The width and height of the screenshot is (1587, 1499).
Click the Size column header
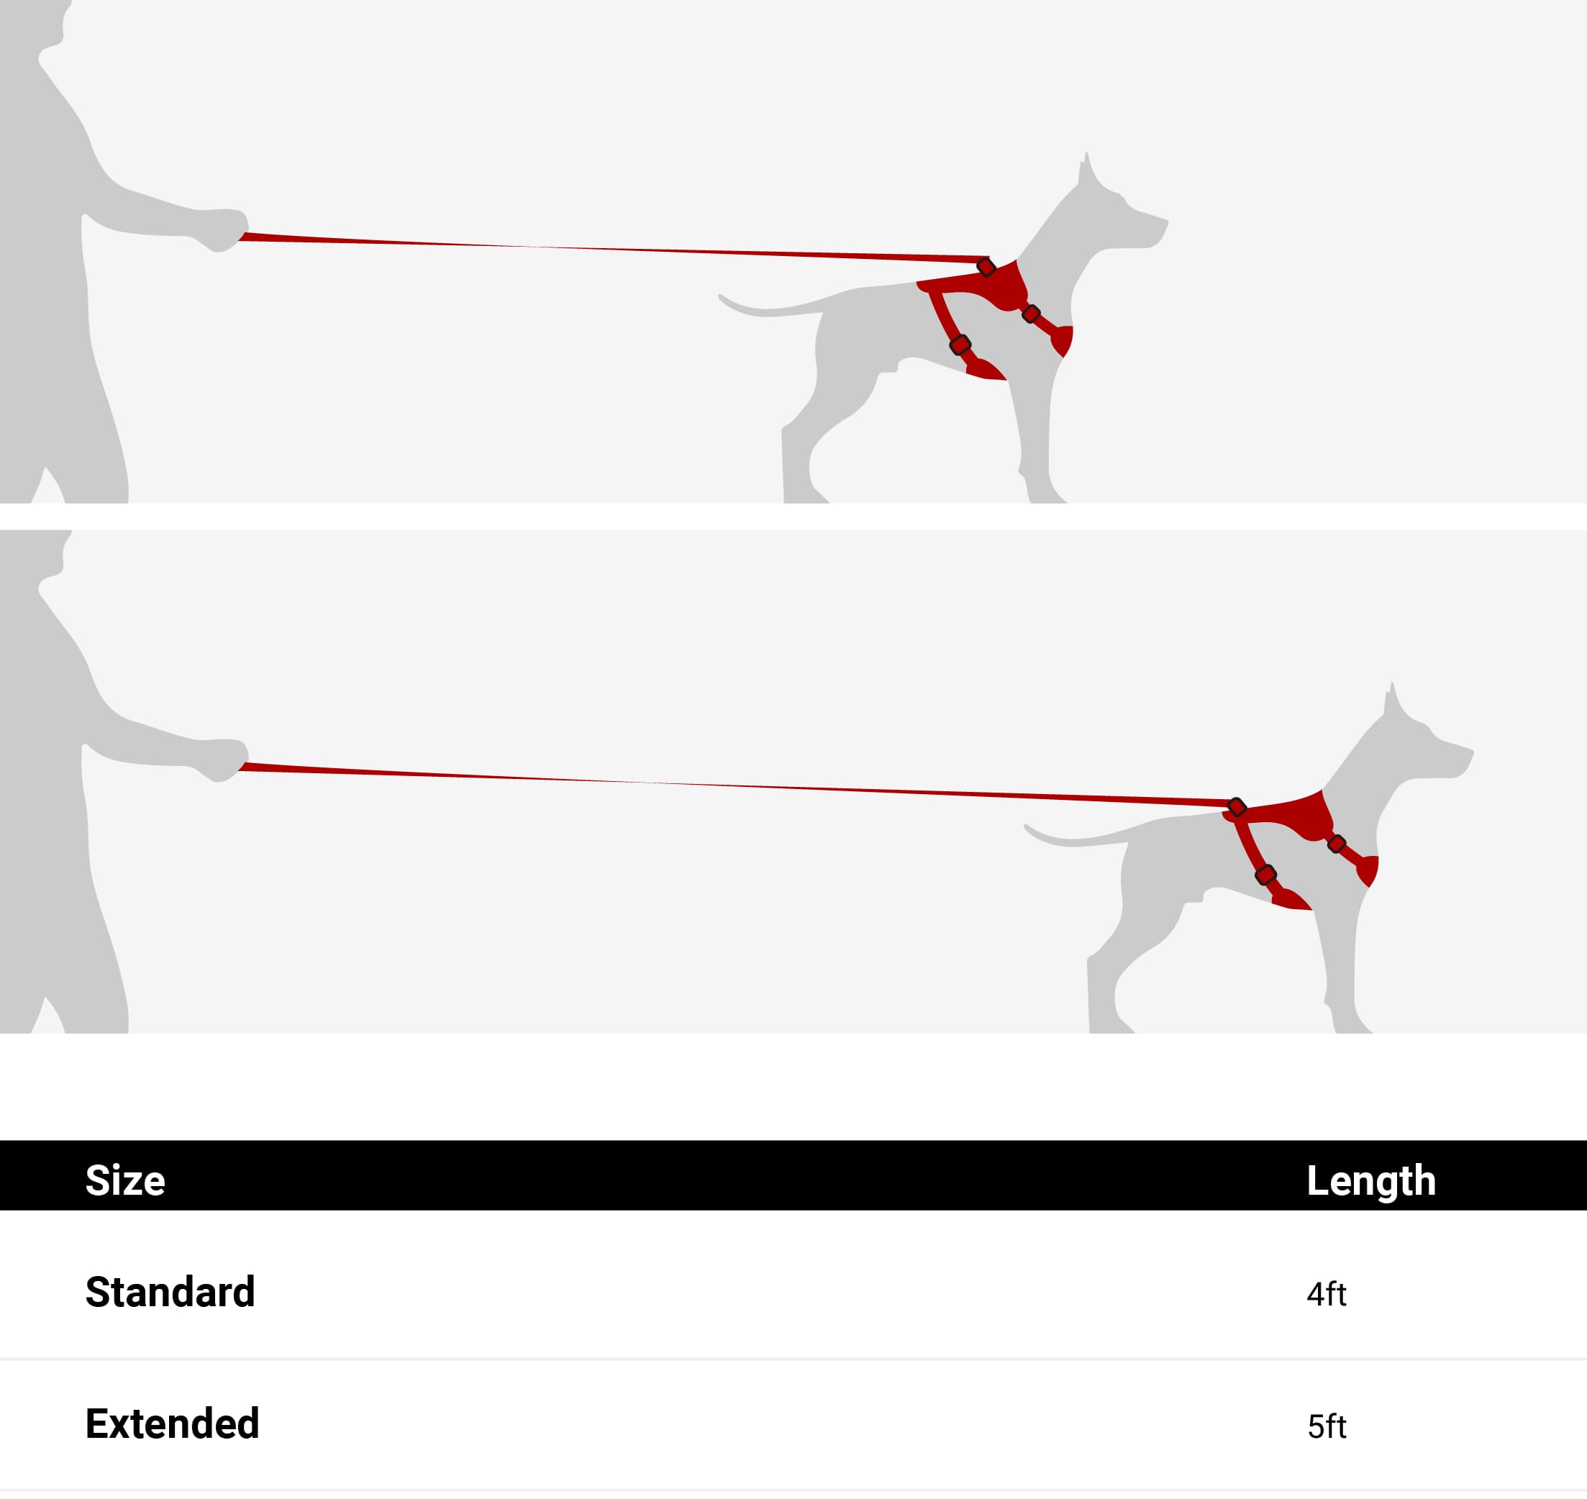point(125,1180)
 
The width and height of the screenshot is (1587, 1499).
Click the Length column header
point(1371,1182)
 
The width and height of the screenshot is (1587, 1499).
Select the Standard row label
point(170,1292)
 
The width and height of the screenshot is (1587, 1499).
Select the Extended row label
point(173,1424)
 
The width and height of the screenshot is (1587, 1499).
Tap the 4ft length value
point(1327,1295)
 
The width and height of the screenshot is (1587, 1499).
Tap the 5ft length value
point(1327,1426)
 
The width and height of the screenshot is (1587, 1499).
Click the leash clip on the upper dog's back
point(986,267)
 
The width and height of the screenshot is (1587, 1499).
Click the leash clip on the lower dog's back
point(1237,807)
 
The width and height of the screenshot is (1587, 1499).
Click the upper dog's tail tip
point(721,297)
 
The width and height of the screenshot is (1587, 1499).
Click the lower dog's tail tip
point(1027,827)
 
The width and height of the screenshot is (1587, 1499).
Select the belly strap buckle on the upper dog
point(960,345)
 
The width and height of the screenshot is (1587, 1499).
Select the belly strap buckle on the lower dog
point(1265,875)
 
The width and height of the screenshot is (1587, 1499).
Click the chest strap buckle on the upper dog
point(1031,314)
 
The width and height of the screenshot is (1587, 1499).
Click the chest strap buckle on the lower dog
point(1337,844)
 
